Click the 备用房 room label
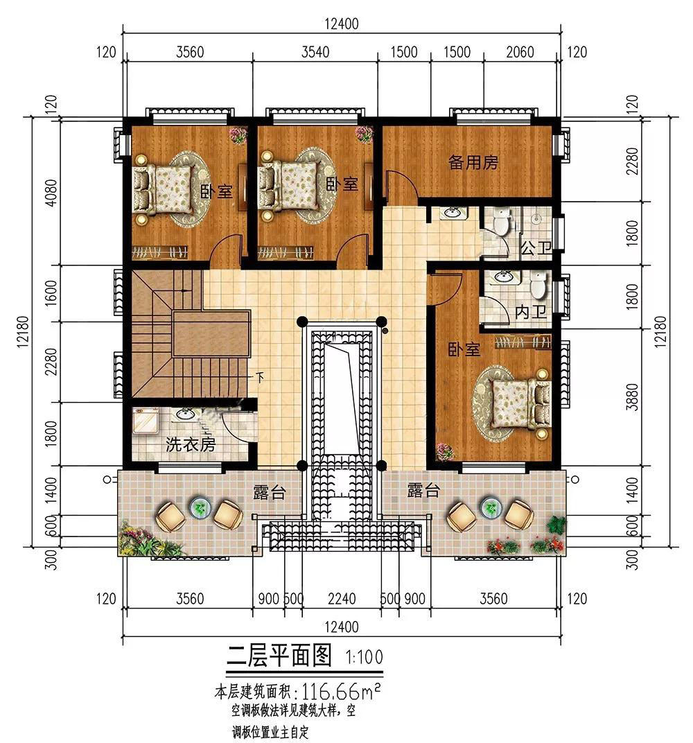click(473, 162)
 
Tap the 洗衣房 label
click(191, 444)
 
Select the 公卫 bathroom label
click(536, 247)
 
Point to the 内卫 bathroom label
click(531, 312)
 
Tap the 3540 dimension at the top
click(315, 52)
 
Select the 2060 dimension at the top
click(520, 52)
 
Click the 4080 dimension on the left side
click(51, 192)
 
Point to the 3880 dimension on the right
click(631, 396)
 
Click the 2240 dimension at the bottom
click(342, 598)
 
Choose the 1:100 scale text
click(364, 657)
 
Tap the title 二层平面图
click(279, 656)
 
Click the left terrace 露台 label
click(269, 493)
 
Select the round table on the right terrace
click(491, 508)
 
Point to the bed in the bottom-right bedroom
click(520, 403)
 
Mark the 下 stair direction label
click(260, 378)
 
